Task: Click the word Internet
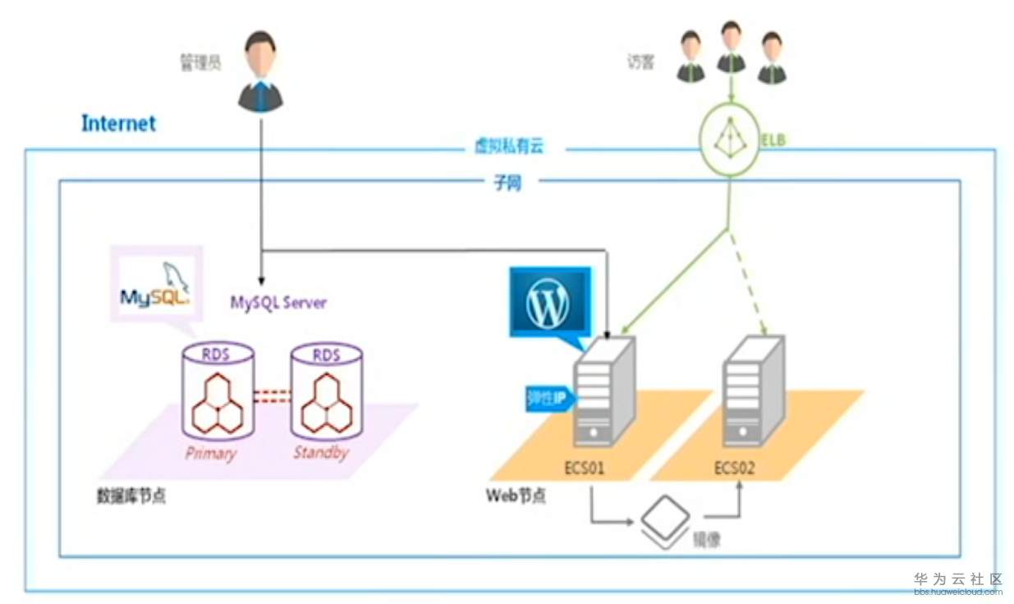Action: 118,124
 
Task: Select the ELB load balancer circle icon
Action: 727,141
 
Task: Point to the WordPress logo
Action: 548,301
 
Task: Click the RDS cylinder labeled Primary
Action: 217,392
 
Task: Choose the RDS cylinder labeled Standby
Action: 327,392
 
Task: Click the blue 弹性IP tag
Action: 548,399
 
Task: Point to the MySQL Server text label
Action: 278,303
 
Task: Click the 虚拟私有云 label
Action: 509,148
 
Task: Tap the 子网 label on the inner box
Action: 507,184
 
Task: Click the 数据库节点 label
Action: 131,496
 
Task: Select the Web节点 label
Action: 516,496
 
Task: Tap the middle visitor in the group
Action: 731,48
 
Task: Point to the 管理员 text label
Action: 200,62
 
